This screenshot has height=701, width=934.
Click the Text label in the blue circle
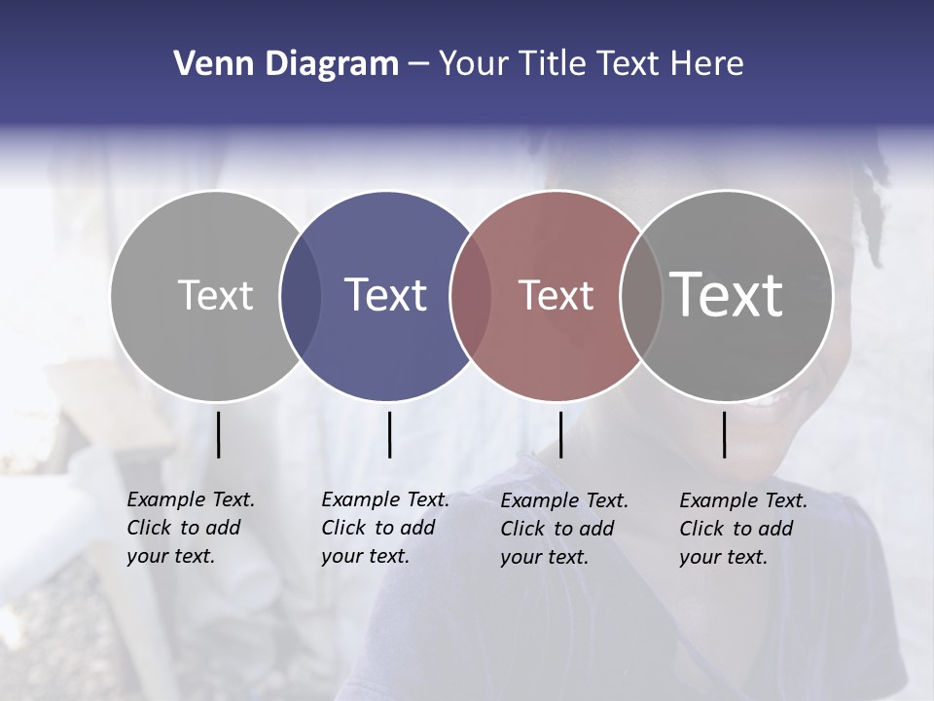point(386,294)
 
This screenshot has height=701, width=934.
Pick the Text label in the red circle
point(556,295)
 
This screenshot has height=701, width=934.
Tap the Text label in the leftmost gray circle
point(215,294)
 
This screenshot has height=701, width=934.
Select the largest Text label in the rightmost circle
point(727,294)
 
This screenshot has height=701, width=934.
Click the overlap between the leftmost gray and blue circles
point(301,296)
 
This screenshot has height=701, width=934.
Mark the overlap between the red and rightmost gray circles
point(639,296)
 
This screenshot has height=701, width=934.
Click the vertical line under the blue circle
point(389,434)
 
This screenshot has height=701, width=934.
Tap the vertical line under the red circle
point(560,434)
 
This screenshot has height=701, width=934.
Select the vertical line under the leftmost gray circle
point(218,434)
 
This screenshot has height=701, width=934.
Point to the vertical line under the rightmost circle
point(724,434)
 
